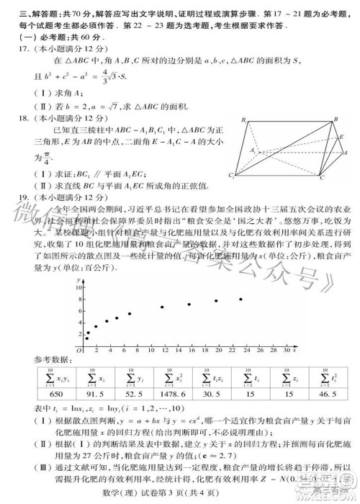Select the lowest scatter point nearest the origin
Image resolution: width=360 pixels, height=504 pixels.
tap(86, 337)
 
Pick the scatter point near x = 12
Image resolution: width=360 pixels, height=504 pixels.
tap(162, 307)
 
